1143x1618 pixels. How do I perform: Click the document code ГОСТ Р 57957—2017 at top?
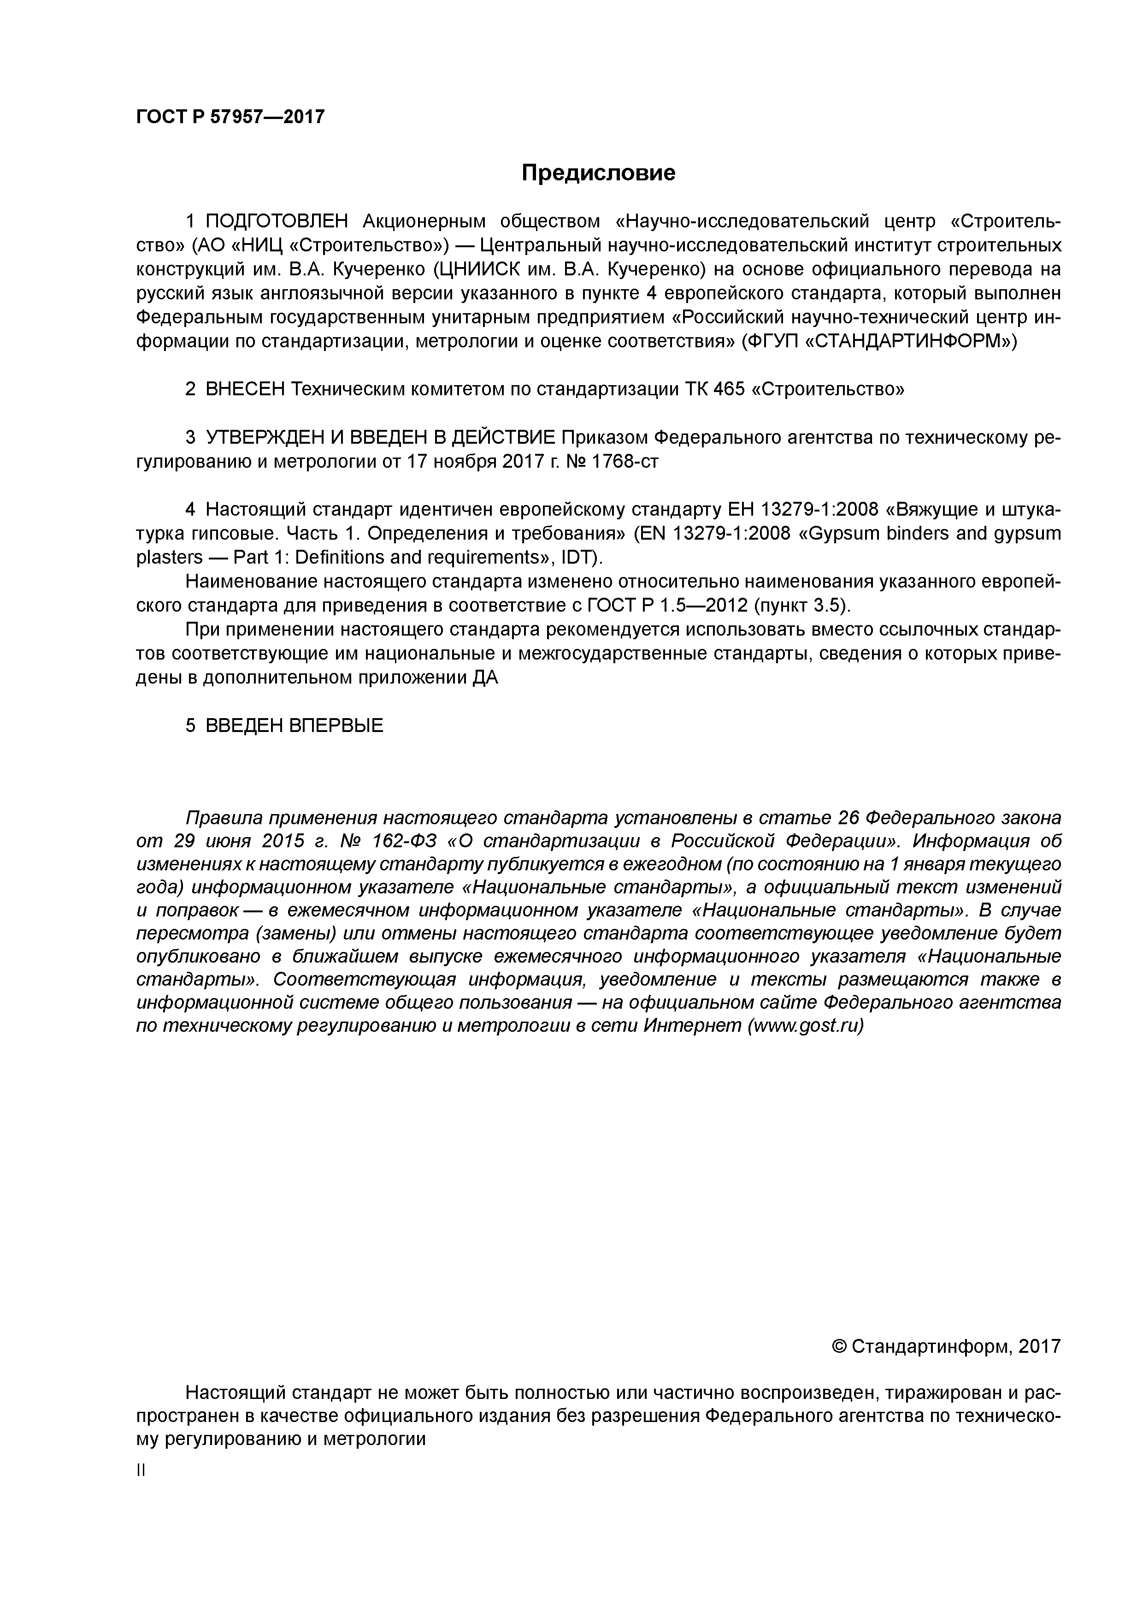[230, 116]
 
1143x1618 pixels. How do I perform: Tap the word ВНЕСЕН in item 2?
[246, 389]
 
